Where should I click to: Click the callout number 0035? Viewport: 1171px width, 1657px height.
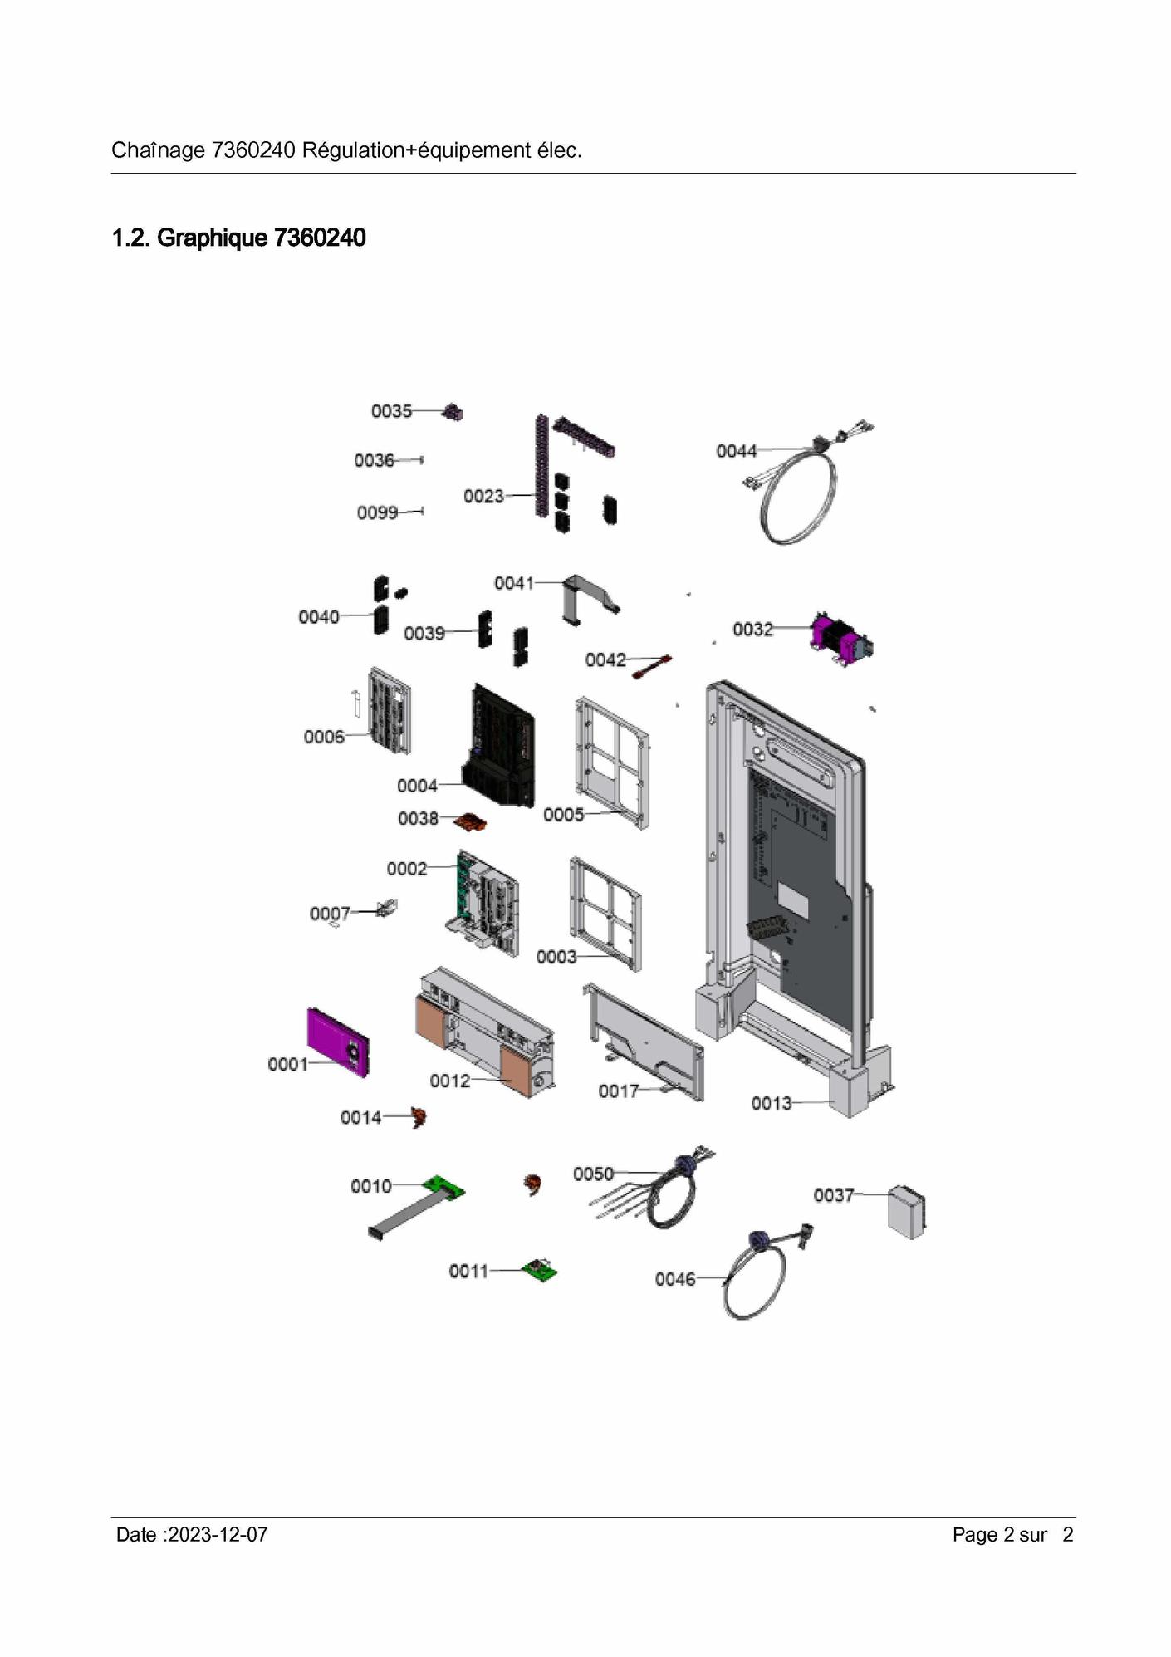391,411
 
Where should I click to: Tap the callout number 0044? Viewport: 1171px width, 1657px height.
737,451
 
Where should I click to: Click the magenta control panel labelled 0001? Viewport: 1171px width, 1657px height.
337,1042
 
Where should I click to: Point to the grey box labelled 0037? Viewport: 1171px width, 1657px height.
907,1212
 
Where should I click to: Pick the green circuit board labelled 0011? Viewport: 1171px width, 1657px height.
540,1270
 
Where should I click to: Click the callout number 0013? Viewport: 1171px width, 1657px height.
772,1103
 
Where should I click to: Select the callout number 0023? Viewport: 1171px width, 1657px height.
483,496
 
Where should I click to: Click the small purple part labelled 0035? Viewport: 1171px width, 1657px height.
453,412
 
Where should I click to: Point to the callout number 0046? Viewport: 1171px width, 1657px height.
675,1280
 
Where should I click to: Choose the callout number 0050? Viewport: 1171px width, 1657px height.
593,1174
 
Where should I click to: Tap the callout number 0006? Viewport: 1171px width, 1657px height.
324,737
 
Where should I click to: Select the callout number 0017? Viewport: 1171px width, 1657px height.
619,1091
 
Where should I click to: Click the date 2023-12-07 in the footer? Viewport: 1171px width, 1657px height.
218,1535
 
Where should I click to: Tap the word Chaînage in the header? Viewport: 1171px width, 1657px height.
158,150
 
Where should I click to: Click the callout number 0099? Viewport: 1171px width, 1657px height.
377,512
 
